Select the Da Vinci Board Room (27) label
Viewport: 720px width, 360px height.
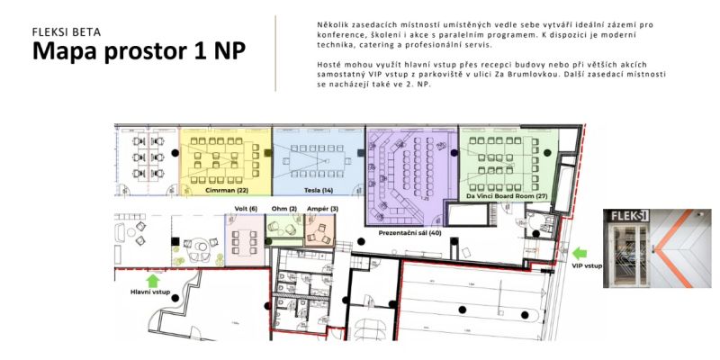pos(507,196)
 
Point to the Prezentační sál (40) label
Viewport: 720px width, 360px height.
pos(410,233)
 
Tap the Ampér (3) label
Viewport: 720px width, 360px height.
pos(322,209)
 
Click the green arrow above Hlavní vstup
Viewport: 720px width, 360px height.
pos(153,281)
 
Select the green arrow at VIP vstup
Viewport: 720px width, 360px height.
pos(580,253)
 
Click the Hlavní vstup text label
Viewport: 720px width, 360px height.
pos(150,292)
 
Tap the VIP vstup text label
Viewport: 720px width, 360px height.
pos(587,265)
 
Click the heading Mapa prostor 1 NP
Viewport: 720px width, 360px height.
pos(139,50)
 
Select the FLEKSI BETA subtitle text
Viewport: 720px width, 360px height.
pos(67,31)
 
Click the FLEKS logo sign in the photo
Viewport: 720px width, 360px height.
pos(626,216)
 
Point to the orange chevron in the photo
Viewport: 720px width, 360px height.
pos(672,248)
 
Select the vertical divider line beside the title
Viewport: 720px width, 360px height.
pos(275,53)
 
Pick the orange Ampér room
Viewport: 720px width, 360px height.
pos(320,231)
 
